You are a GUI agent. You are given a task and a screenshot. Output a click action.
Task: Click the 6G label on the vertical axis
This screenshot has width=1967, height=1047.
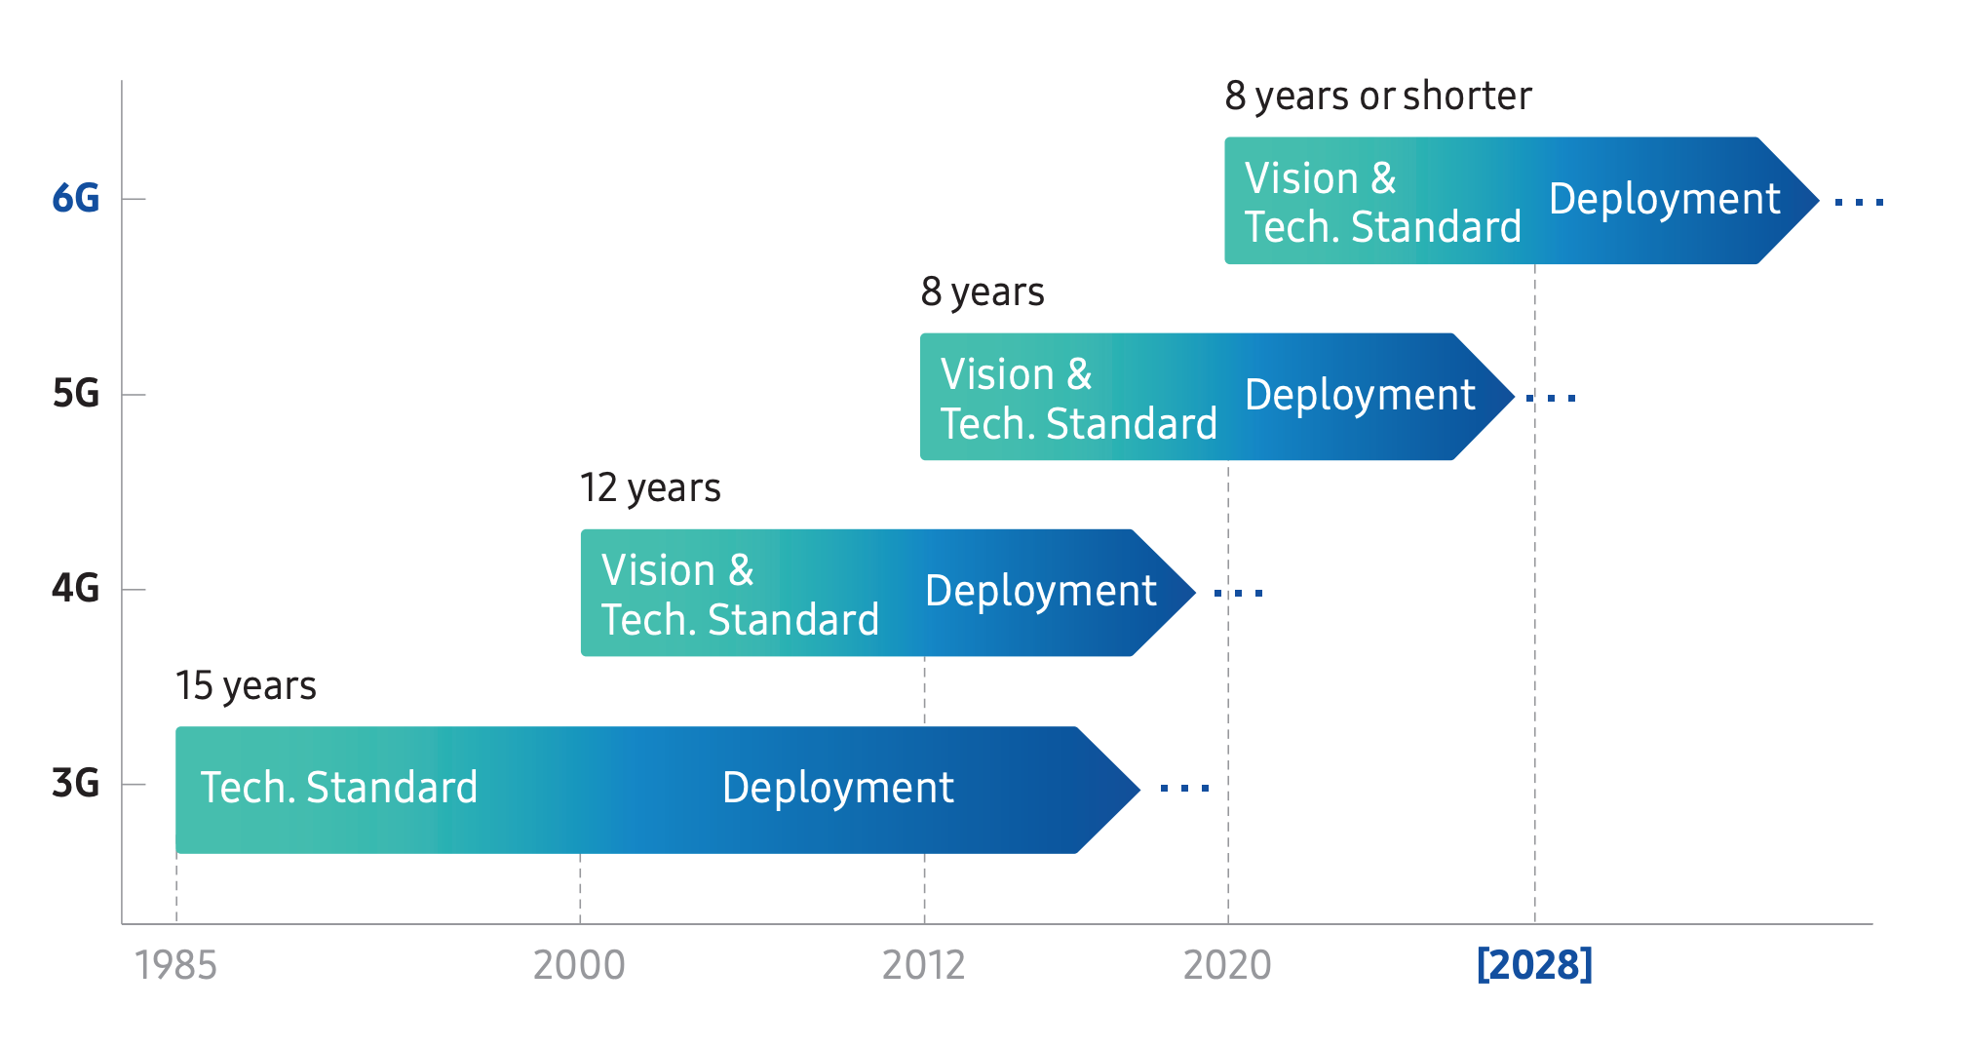point(75,198)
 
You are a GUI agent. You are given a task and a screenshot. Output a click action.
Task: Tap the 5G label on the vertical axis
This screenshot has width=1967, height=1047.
point(75,394)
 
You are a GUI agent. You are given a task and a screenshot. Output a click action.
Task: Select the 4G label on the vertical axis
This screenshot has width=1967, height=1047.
point(75,589)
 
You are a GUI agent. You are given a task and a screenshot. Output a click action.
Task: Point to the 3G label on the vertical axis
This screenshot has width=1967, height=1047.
point(75,783)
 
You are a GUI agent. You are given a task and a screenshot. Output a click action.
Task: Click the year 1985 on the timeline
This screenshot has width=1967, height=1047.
point(175,965)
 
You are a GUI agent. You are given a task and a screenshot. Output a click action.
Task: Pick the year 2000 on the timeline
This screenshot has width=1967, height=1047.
point(579,965)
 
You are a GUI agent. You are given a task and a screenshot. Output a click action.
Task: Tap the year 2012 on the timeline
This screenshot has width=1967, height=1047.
point(923,965)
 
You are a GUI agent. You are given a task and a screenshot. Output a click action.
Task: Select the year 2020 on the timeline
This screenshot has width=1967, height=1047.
point(1227,965)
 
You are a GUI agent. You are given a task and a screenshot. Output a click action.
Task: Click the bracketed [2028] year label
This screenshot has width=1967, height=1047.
point(1534,964)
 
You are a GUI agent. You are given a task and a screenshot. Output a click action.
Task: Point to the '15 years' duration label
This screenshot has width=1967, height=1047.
point(246,686)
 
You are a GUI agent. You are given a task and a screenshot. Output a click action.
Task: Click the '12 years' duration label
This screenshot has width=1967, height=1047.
point(650,487)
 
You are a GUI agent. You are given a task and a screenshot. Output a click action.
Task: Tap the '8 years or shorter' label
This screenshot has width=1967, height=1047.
point(1378,96)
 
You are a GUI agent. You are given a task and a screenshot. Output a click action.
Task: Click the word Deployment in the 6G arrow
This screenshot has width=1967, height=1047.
point(1665,199)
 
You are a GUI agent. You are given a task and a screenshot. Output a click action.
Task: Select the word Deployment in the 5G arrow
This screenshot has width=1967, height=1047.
point(1361,395)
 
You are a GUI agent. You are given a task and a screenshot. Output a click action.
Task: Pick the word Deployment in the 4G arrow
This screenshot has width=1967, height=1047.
point(1041,591)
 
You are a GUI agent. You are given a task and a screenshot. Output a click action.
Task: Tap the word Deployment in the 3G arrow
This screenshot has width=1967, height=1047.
point(838,788)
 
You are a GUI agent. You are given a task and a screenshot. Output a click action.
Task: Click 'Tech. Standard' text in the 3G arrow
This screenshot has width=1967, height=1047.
point(339,788)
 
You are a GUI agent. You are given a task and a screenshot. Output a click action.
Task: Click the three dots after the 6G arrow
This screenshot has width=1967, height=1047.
point(1859,203)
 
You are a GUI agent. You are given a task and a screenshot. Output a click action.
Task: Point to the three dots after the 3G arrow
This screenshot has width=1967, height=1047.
point(1184,789)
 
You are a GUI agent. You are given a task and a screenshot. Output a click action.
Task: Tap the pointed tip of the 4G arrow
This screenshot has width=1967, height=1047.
point(1195,592)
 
